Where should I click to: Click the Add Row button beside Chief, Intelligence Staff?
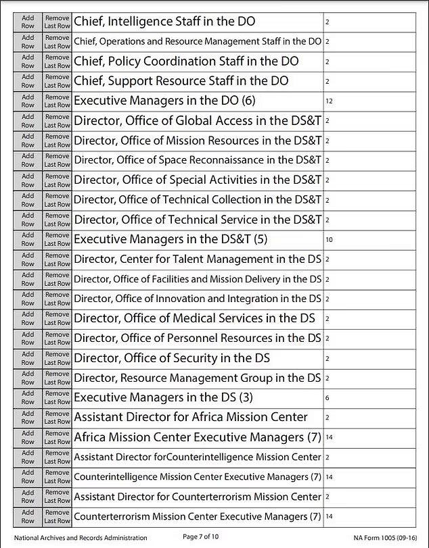tap(28, 22)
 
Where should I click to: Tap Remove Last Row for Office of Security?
tap(57, 358)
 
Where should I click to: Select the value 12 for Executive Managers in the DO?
tap(329, 101)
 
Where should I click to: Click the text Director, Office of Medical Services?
tap(194, 318)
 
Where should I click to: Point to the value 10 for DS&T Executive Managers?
tap(329, 239)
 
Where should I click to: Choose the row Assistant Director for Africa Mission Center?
tap(190, 417)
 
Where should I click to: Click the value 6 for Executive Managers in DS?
tap(328, 398)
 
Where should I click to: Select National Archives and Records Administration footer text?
tap(81, 538)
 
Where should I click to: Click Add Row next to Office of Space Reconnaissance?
tap(28, 160)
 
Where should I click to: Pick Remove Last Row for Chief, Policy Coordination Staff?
tap(57, 61)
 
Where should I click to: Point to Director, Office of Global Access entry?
tap(198, 121)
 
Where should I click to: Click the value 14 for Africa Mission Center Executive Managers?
tap(329, 437)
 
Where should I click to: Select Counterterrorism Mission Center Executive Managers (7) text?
tap(198, 516)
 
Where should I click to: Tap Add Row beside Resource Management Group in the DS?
tap(28, 378)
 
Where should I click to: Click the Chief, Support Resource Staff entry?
tap(181, 81)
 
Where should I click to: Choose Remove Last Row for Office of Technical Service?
tap(57, 220)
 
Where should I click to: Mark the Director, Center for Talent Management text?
tap(198, 259)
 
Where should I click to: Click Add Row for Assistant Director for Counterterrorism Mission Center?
tap(28, 497)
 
